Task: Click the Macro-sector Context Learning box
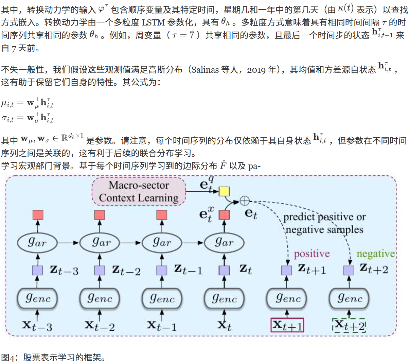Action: click(x=139, y=191)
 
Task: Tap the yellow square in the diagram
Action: click(x=224, y=191)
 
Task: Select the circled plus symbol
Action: click(x=245, y=201)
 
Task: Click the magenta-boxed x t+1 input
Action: click(x=287, y=325)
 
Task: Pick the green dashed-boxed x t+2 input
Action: click(x=349, y=325)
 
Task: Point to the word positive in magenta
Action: click(x=312, y=254)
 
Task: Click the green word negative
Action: click(x=376, y=254)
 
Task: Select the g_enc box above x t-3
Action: click(x=37, y=298)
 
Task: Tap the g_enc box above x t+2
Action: click(x=349, y=298)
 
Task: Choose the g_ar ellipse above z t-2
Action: click(x=100, y=243)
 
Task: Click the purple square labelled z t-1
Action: click(x=162, y=270)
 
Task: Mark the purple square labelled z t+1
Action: click(x=286, y=270)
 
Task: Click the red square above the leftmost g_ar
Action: click(x=38, y=214)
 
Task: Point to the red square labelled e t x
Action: click(x=224, y=214)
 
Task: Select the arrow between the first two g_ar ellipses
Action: click(x=68, y=243)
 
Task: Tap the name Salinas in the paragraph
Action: click(x=205, y=70)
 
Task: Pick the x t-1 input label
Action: click(x=162, y=326)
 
